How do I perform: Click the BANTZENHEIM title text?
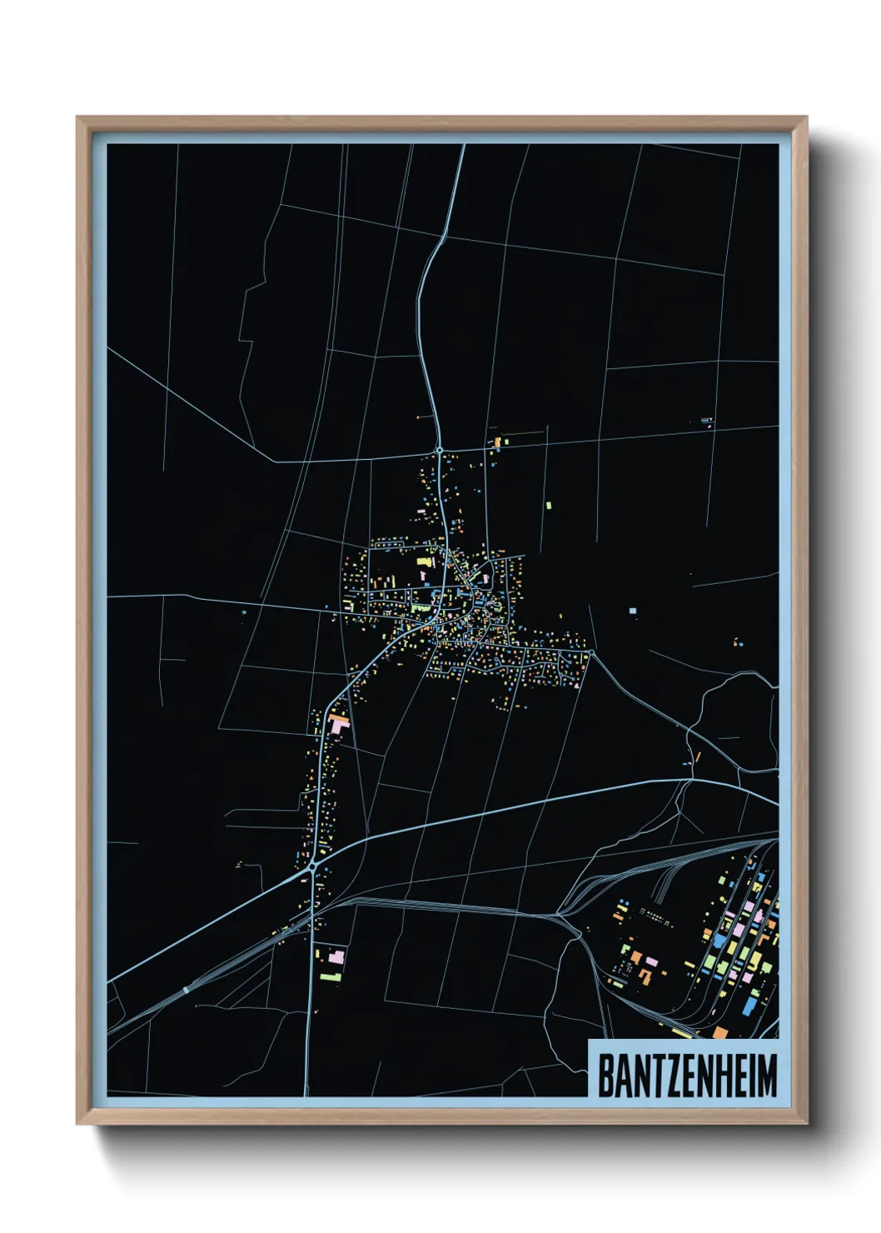687,1076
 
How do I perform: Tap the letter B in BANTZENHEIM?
605,1076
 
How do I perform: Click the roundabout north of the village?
439,450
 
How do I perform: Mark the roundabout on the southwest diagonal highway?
311,866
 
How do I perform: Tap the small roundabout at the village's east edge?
589,655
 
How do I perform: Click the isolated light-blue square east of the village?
633,612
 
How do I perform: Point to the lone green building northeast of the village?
548,505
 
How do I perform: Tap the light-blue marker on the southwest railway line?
186,990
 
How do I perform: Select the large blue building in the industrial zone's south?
749,1006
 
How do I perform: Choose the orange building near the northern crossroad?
498,442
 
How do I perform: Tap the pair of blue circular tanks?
739,643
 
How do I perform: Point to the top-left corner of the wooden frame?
77,117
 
